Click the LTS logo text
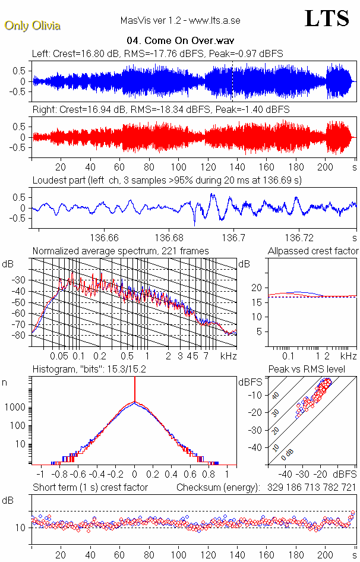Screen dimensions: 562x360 (x=326, y=19)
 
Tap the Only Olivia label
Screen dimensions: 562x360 (x=32, y=26)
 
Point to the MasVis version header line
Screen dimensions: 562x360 (x=180, y=21)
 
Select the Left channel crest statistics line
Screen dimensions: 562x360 (x=157, y=53)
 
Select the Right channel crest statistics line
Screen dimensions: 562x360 (x=160, y=110)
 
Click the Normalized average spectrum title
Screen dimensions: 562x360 (x=121, y=251)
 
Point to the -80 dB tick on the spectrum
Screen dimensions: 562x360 (x=20, y=335)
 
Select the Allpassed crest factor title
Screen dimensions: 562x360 (x=313, y=251)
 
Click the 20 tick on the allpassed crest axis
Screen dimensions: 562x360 (x=257, y=288)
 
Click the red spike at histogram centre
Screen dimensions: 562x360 (x=135, y=392)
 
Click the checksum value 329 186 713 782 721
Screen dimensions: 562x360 (x=307, y=488)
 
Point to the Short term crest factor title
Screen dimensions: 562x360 (x=90, y=488)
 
